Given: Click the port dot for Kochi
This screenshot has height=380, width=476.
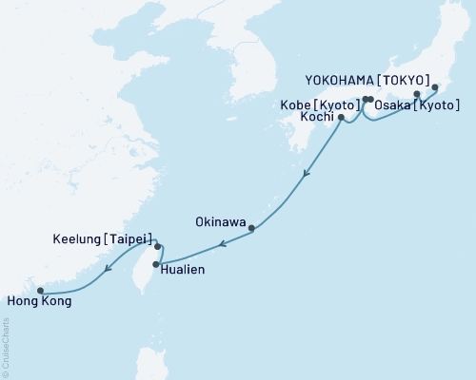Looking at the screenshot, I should (341, 118).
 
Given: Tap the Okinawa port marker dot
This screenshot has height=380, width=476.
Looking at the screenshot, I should (251, 228).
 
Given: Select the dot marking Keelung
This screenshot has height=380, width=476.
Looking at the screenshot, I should (158, 246).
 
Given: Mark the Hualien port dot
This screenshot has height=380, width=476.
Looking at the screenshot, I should (156, 265).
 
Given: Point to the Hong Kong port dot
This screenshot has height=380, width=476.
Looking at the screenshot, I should (40, 291).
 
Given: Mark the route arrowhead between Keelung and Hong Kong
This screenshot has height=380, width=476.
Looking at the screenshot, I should (107, 269).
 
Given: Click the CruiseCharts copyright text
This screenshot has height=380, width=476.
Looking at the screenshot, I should (6, 348).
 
